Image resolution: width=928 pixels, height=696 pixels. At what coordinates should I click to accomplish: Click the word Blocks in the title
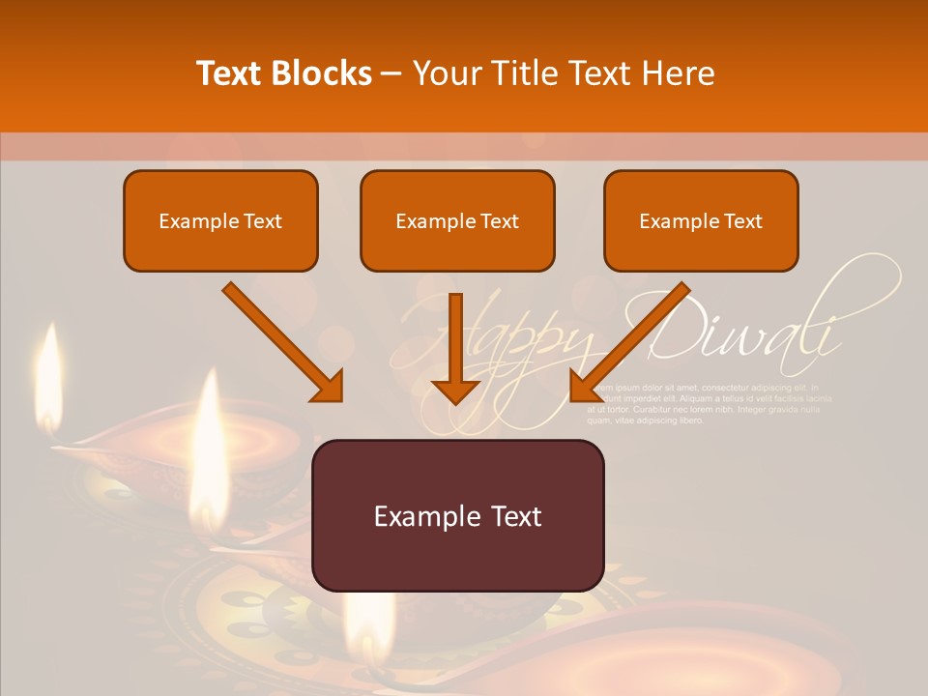321,73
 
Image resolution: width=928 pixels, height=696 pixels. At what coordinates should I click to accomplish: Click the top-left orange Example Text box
220,220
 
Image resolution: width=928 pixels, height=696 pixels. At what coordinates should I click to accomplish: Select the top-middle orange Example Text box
457,220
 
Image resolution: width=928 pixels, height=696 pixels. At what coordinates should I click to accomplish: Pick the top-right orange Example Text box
701,220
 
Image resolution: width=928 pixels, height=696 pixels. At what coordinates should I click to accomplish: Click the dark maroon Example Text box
457,515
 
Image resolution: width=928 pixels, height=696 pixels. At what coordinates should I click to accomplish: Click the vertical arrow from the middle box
455,338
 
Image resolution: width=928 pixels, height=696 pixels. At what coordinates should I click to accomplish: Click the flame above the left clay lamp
208,445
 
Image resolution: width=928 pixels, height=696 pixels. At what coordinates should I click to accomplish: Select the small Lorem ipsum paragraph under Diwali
710,403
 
